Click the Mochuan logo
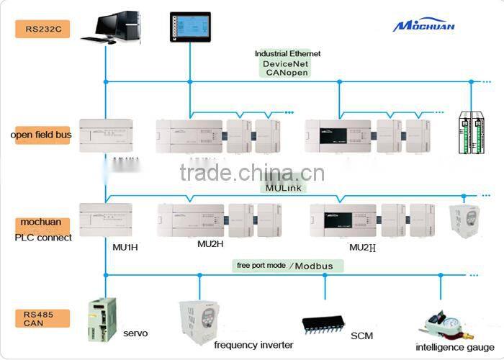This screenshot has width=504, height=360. point(423,26)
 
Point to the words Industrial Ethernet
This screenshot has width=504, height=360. point(287,53)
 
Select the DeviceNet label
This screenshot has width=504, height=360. point(287,63)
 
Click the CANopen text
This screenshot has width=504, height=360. point(287,73)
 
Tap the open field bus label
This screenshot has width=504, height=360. point(40,135)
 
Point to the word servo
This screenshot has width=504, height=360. point(135,333)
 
